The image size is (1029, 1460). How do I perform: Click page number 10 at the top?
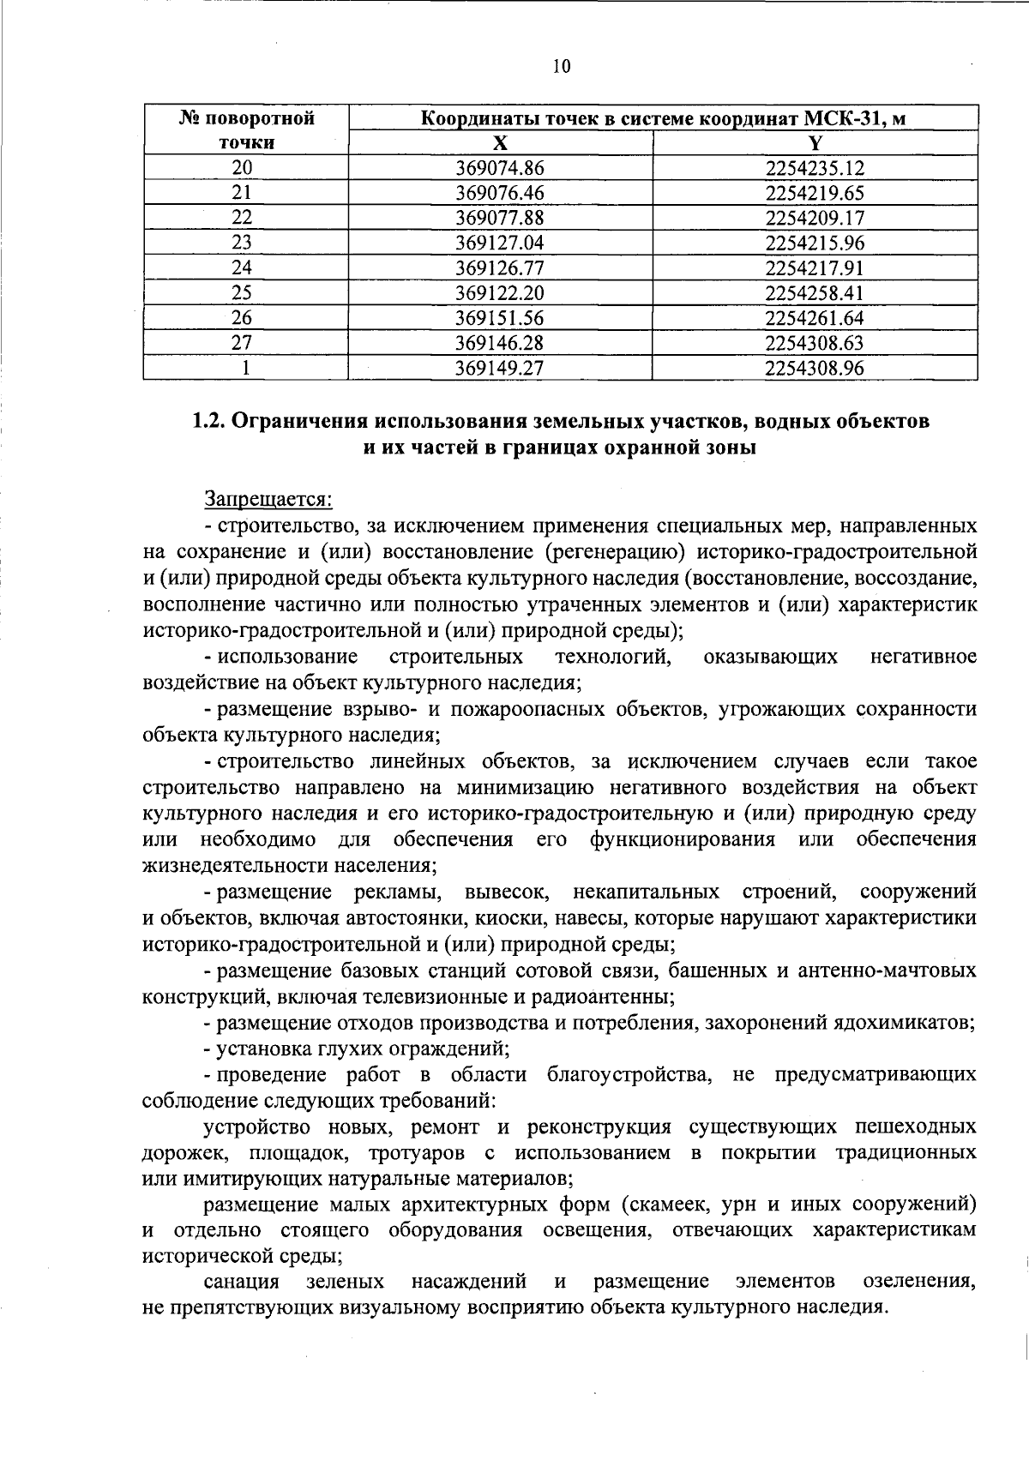point(561,67)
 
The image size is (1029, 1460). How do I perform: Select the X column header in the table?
point(500,142)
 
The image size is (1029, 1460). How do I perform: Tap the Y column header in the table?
point(815,142)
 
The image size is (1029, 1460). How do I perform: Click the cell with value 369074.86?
point(500,168)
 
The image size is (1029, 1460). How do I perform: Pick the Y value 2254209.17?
point(815,218)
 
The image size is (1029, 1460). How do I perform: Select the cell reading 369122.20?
point(500,293)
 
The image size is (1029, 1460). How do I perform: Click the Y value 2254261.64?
point(815,318)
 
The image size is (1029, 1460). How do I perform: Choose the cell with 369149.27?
point(500,369)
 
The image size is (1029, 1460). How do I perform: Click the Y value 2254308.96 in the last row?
point(815,369)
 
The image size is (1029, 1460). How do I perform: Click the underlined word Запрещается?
point(268,499)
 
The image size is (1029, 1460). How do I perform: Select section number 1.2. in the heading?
point(209,422)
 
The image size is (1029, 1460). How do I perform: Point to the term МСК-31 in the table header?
point(840,118)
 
